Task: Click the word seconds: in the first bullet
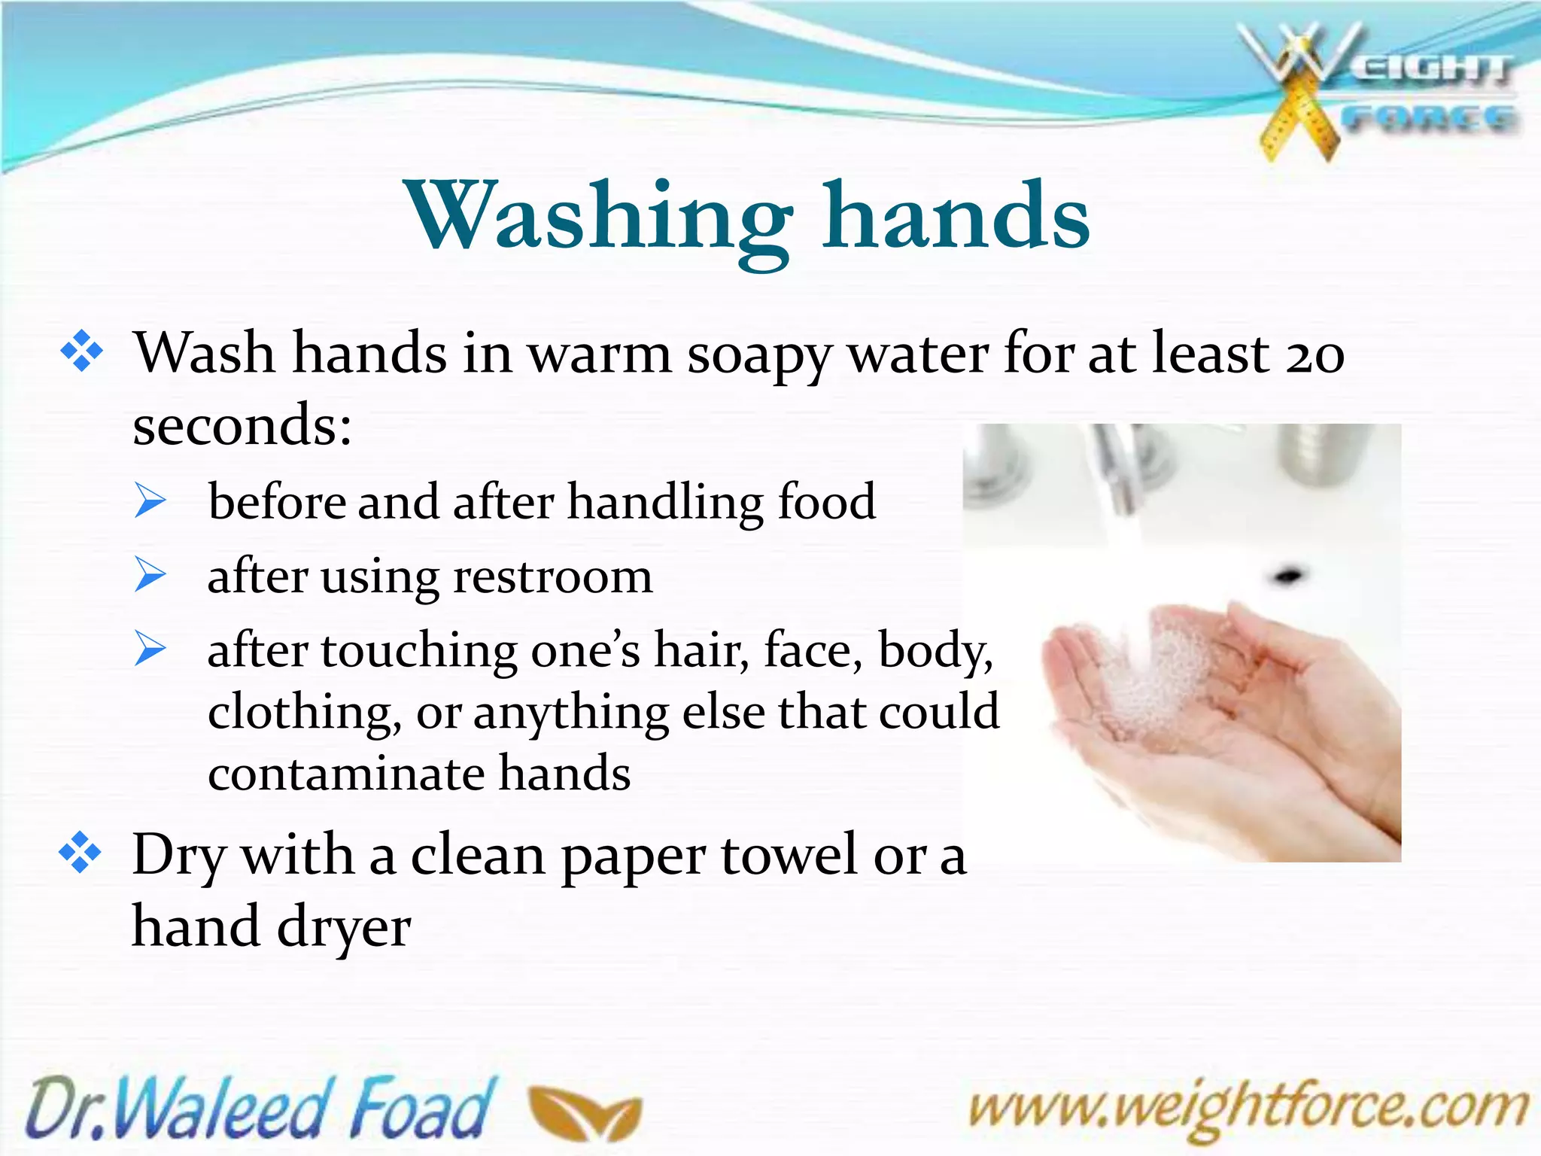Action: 242,425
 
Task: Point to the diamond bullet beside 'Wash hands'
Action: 81,351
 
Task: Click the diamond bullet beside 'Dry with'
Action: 80,853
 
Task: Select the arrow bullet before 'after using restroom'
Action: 150,576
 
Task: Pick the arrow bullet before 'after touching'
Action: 150,649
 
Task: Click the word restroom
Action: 553,577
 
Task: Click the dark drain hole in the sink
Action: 1288,577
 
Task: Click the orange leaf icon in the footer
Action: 585,1112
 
